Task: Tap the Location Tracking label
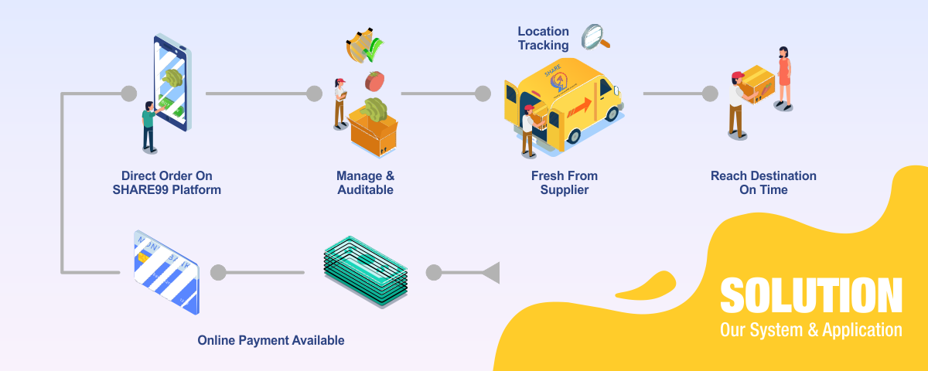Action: pyautogui.click(x=543, y=39)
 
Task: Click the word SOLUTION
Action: pyautogui.click(x=810, y=297)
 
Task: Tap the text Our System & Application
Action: pyautogui.click(x=810, y=330)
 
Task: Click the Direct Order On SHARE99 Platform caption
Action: pyautogui.click(x=166, y=182)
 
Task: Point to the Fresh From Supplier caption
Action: pyautogui.click(x=564, y=182)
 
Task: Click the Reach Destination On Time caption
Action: pyautogui.click(x=763, y=182)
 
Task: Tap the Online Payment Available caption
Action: pyautogui.click(x=271, y=340)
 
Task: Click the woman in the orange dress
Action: pyautogui.click(x=784, y=76)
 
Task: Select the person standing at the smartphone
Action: pyautogui.click(x=148, y=128)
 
